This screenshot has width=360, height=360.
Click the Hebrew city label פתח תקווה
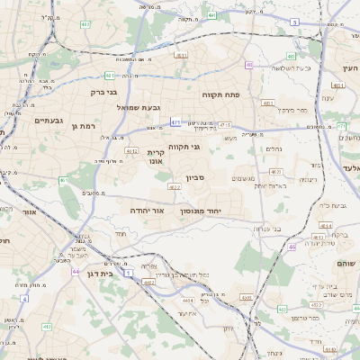click(244, 94)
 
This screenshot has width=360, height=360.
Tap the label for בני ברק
click(105, 91)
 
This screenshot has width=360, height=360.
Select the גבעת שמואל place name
click(139, 107)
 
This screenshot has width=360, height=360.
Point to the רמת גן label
click(82, 127)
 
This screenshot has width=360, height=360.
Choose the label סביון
click(196, 178)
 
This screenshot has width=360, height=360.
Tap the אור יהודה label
click(147, 210)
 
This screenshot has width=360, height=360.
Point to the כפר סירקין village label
click(292, 110)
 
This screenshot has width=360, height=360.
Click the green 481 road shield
click(109, 76)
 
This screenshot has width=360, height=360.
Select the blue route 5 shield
click(294, 21)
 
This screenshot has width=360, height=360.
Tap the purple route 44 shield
click(76, 271)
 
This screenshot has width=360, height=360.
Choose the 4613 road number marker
click(275, 171)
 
